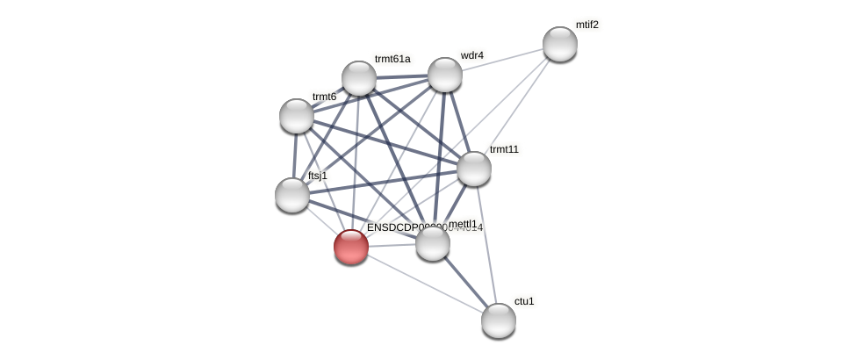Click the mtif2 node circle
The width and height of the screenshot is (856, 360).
pos(559,44)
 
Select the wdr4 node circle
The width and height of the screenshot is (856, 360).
pos(445,75)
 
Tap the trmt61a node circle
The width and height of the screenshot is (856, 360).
pos(359,78)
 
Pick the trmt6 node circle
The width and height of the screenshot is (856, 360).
pos(297,116)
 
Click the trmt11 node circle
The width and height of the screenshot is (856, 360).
pos(474,169)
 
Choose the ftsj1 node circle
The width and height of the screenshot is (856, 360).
pos(292,195)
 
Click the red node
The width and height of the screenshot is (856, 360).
pos(351,247)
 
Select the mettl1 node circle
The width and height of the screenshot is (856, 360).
pos(433,243)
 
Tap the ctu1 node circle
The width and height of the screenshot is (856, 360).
pos(499,320)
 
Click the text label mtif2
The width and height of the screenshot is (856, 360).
pos(586,25)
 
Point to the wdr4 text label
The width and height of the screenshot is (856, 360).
pos(471,55)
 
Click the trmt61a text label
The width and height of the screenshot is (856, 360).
pos(392,59)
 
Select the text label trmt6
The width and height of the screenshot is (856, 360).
pos(324,97)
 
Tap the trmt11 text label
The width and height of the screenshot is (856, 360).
pos(504,149)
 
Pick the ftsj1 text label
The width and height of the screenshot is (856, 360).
pos(317,176)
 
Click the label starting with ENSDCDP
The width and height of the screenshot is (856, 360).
pos(404,227)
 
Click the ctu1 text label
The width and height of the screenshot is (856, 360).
pos(524,301)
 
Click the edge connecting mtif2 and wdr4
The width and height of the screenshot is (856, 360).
pos(502,59)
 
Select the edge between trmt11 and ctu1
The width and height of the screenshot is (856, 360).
pos(486,244)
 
